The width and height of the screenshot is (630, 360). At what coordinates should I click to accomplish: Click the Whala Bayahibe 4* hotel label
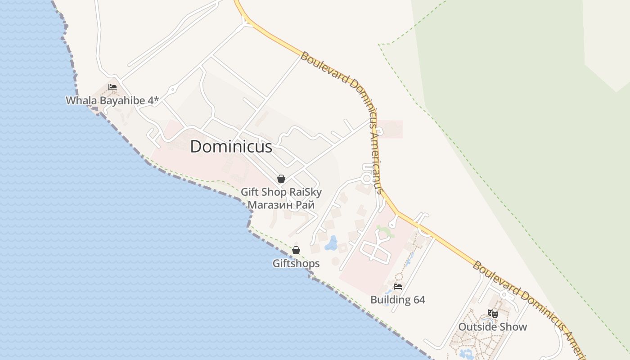coord(112,100)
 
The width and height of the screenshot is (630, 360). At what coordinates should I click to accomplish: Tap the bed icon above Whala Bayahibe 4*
coord(112,87)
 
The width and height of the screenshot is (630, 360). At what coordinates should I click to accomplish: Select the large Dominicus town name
coord(231,147)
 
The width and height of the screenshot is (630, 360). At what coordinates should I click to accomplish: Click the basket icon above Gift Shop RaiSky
coord(281,179)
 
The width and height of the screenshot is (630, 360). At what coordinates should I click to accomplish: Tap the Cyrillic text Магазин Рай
coord(281,205)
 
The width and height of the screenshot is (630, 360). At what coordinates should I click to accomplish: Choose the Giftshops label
coord(296,263)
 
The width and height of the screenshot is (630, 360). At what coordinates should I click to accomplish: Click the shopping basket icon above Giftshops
coord(296,250)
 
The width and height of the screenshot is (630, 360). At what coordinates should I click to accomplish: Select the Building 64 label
coord(397,300)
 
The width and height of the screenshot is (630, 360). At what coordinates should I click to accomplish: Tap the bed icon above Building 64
coord(397,286)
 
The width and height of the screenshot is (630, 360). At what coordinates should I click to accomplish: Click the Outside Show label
coord(492,327)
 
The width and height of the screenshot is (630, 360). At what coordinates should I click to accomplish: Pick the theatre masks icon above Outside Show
coord(493,314)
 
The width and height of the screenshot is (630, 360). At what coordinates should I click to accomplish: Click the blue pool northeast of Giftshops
coord(332,243)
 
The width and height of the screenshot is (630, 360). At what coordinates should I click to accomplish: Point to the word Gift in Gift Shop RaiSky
coord(250,192)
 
